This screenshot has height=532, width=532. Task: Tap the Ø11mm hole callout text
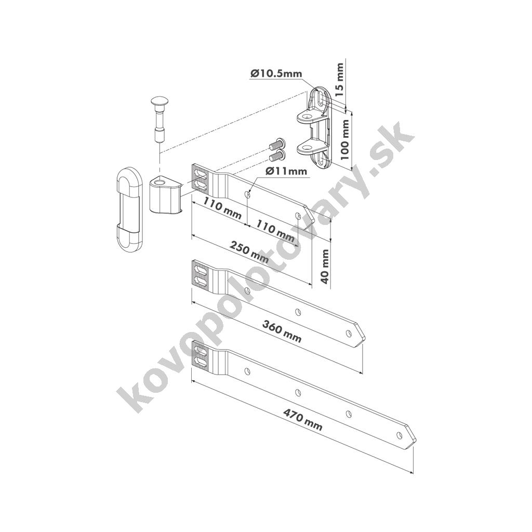point(286,171)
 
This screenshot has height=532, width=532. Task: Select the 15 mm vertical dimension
point(340,79)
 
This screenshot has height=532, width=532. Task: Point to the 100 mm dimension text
point(344,140)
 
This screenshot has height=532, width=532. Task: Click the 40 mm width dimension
point(325,267)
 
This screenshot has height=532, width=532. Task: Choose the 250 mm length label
point(249,252)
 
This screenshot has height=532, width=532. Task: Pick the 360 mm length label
point(282,331)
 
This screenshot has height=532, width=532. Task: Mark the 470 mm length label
point(303,420)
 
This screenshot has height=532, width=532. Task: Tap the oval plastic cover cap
point(128,209)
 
